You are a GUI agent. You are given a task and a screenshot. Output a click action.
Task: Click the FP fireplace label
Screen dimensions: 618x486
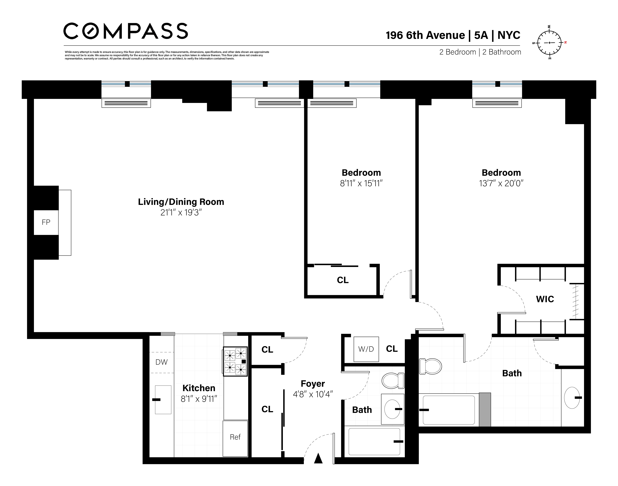tap(46, 222)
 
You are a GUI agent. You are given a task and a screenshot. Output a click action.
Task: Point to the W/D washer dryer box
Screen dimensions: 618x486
tap(366, 349)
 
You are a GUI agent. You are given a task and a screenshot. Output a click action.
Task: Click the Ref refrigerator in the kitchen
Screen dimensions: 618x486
tap(235, 438)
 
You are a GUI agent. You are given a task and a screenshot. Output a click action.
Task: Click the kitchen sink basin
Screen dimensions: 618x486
tap(163, 400)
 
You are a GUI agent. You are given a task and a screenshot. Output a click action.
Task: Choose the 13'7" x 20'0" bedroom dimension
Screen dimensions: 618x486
tap(501, 183)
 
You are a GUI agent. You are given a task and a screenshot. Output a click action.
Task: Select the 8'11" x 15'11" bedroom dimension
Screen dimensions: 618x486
tap(361, 183)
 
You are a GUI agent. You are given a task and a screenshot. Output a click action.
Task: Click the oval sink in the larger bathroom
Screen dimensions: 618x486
tap(572, 398)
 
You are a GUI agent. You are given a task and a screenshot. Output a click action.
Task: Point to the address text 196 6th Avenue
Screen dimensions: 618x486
tap(425, 35)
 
